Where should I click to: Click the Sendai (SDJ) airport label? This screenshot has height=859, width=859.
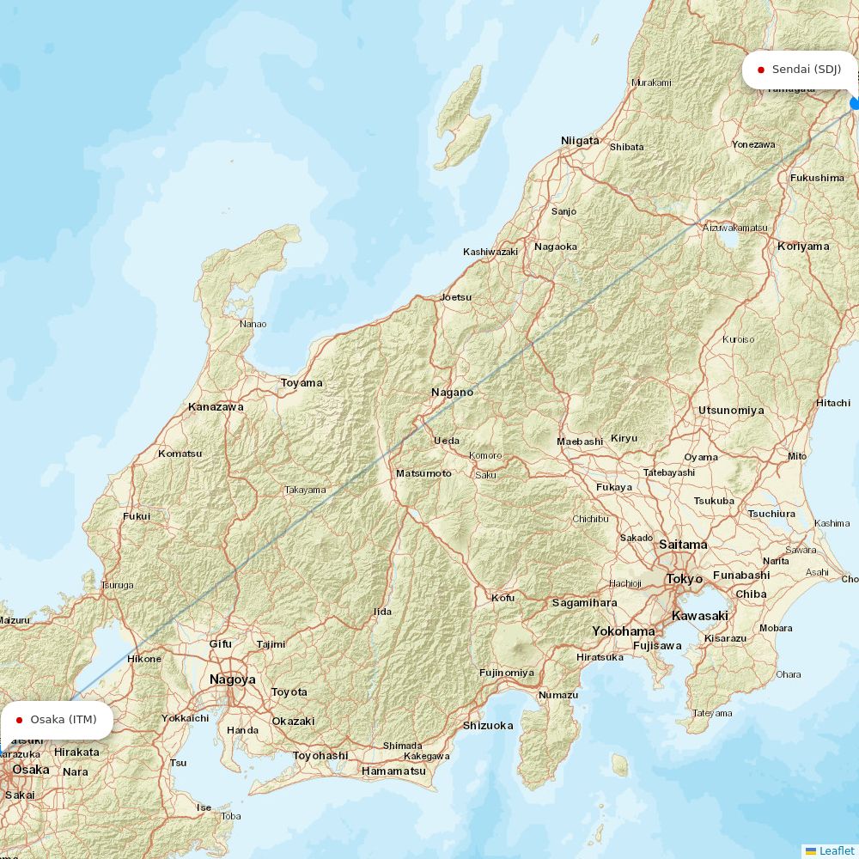(806, 69)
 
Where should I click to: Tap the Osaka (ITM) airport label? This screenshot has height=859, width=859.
(63, 719)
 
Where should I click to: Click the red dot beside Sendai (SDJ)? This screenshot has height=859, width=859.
(761, 70)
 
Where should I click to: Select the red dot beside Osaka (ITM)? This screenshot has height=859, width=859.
(19, 720)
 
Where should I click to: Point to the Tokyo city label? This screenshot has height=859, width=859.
(685, 579)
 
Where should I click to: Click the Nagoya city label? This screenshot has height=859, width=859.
(232, 679)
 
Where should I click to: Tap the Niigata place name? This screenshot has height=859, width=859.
(580, 140)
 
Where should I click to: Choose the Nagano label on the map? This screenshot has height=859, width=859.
(452, 393)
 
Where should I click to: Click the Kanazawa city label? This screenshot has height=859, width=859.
(216, 407)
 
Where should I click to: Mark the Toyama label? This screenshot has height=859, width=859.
(302, 383)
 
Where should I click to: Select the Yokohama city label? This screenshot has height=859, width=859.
(623, 631)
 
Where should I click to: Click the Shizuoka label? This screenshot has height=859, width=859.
(488, 726)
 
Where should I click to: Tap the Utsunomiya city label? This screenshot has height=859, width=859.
(730, 411)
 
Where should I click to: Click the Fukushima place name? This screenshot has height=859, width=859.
(817, 178)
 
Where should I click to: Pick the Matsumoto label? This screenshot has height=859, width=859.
(423, 473)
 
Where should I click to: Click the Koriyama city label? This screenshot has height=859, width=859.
(803, 247)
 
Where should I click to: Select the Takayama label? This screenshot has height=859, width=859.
(305, 490)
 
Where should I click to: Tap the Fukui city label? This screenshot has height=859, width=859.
(136, 516)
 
